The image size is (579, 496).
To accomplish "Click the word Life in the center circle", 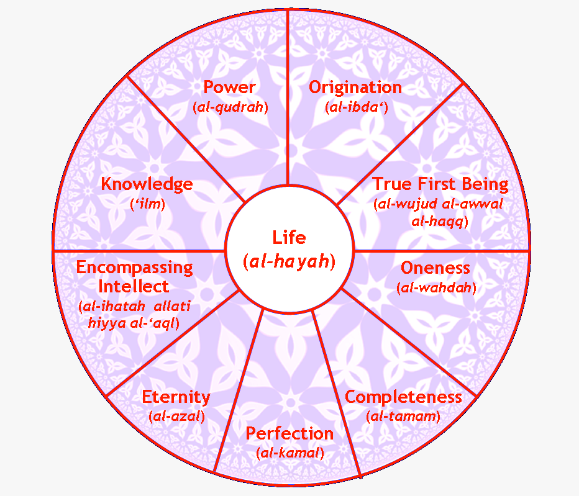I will [289, 237].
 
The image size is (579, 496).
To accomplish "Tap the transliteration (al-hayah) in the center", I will [289, 262].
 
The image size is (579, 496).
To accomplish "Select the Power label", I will [230, 87].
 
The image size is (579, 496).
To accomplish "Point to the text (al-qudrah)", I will [230, 107].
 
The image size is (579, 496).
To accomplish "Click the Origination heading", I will [355, 87].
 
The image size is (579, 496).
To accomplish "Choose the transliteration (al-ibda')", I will [357, 107].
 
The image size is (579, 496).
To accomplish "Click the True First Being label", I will [440, 184].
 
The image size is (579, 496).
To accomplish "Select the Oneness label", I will [435, 268].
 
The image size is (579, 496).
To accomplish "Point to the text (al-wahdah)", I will [436, 288].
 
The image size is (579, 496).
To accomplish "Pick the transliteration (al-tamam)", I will [403, 417].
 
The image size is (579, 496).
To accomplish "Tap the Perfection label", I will [289, 433].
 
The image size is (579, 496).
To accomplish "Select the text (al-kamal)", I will [290, 453].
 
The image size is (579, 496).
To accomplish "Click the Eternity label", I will [176, 397].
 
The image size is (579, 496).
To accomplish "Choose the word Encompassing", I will [134, 268].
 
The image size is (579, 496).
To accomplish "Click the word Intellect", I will [134, 287].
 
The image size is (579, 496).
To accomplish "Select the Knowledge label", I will [147, 184].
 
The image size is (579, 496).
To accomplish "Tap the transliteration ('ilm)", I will [147, 204].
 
